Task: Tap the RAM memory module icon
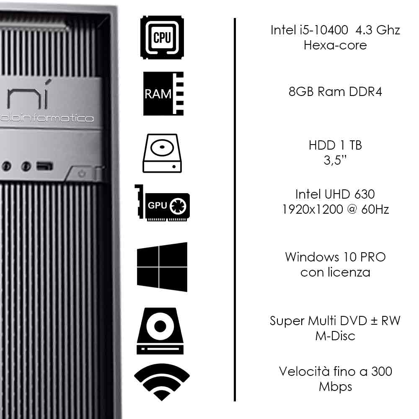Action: click(x=163, y=93)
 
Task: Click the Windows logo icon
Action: click(x=162, y=267)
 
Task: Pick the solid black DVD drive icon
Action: click(x=160, y=331)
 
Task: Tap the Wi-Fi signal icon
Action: click(x=162, y=382)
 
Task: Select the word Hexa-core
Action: click(x=335, y=45)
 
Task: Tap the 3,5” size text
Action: click(x=335, y=160)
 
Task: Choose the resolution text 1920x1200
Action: click(x=312, y=209)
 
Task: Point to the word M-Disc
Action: click(x=335, y=336)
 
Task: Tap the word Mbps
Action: click(x=335, y=386)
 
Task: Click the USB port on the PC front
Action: click(x=44, y=166)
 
